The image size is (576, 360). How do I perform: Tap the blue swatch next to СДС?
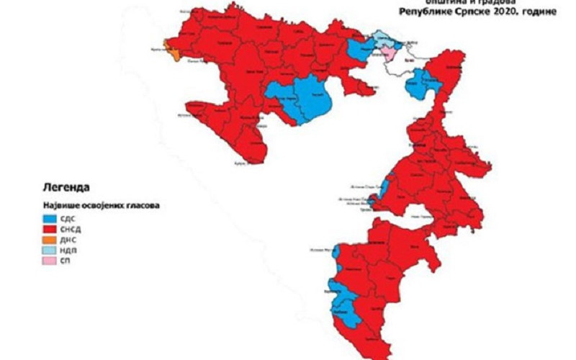[50, 217]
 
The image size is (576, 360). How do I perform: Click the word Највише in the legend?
[59, 204]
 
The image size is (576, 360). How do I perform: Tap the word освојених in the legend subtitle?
[100, 204]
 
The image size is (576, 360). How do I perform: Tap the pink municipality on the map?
[387, 53]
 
